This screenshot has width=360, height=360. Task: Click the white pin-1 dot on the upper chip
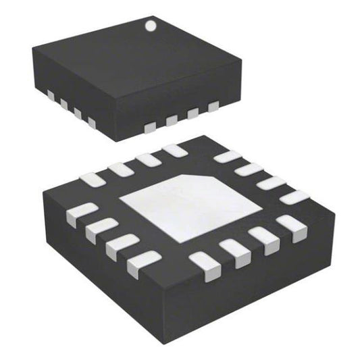(x=150, y=27)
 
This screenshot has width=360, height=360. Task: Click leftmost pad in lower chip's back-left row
(x=91, y=179)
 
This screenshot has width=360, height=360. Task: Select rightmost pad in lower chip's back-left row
(x=175, y=150)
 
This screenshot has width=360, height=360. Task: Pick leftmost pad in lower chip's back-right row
(x=228, y=157)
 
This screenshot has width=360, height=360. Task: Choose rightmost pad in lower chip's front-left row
(x=144, y=259)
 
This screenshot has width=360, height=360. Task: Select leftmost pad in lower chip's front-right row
(x=202, y=261)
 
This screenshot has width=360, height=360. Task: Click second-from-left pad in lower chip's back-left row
(x=120, y=169)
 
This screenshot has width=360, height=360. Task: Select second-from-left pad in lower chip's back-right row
(x=249, y=170)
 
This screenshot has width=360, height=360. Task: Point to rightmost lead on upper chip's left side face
(x=91, y=123)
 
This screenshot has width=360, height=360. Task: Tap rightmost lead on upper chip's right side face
(x=214, y=105)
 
